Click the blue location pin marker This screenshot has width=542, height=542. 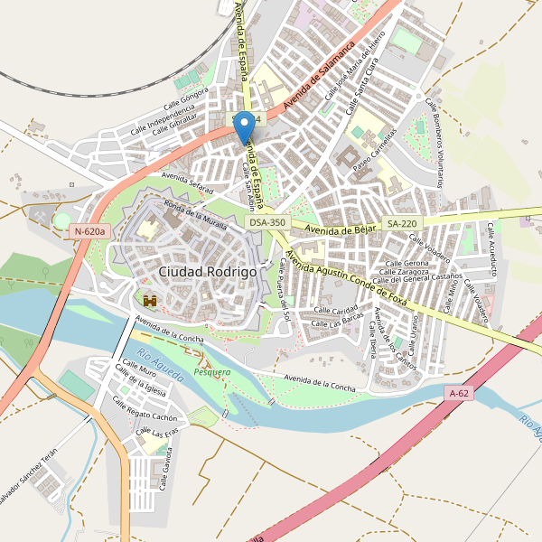pyautogui.click(x=244, y=129)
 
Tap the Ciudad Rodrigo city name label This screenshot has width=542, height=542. pyautogui.click(x=207, y=271)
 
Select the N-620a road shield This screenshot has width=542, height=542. pyautogui.click(x=89, y=231)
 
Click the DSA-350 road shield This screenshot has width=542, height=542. pyautogui.click(x=267, y=222)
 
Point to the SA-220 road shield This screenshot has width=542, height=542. pyautogui.click(x=402, y=222)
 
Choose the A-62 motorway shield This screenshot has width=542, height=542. pyautogui.click(x=460, y=393)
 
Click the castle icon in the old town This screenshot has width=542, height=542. pyautogui.click(x=150, y=299)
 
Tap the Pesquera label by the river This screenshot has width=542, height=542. pyautogui.click(x=212, y=371)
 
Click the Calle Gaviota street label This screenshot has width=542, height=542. pyautogui.click(x=166, y=469)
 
